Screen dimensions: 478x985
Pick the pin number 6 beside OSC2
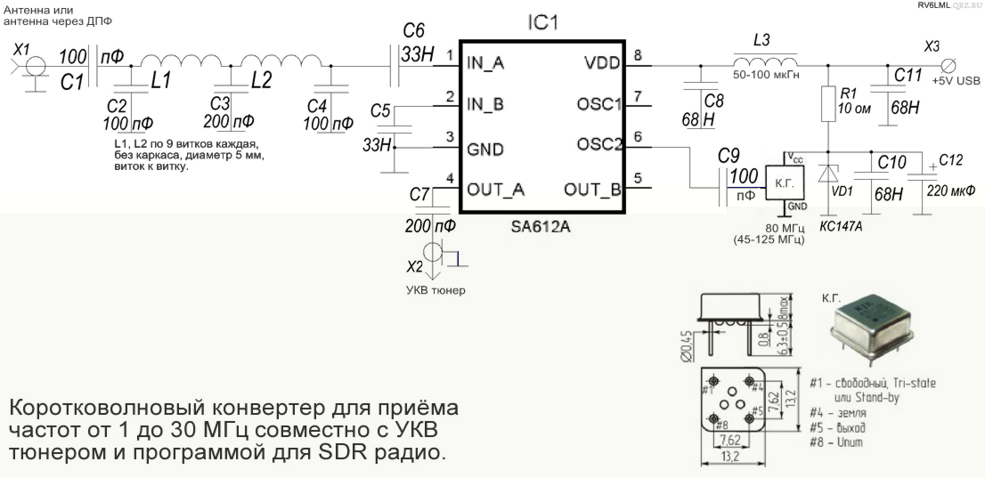pyautogui.click(x=637, y=138)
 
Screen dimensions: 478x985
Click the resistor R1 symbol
pyautogui.click(x=828, y=104)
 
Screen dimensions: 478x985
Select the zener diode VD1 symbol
pyautogui.click(x=828, y=172)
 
